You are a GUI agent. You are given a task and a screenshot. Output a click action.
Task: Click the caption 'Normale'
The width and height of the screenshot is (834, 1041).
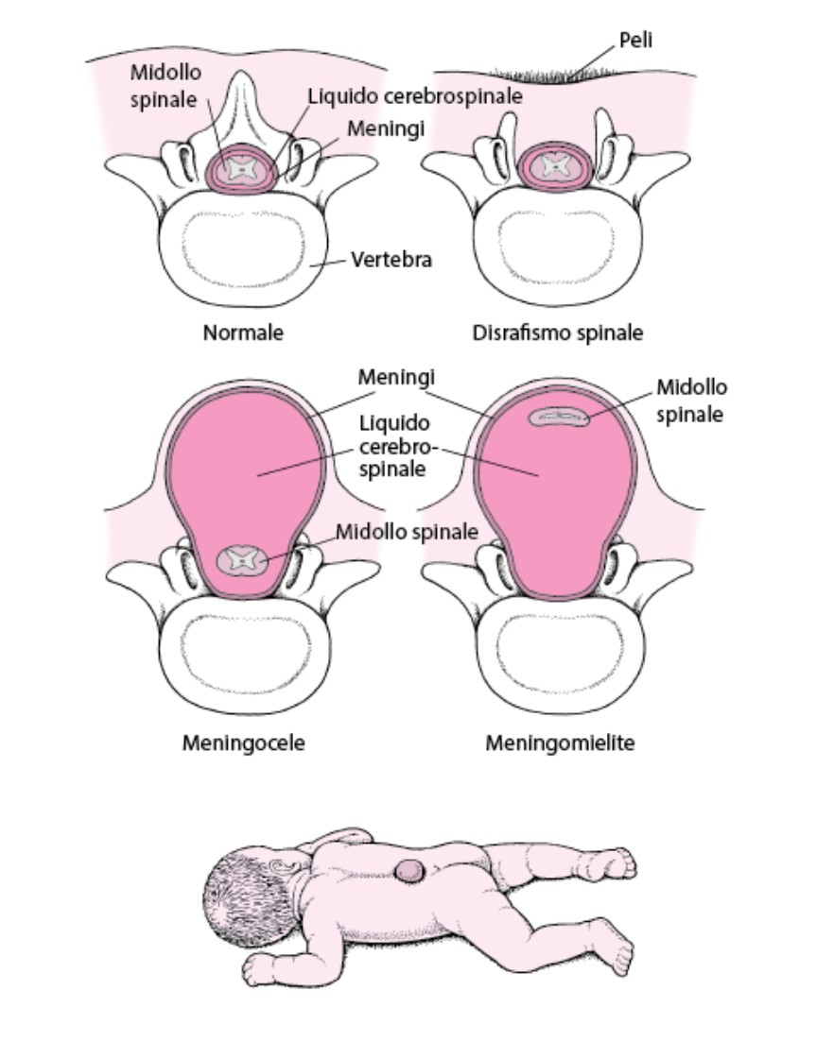tap(243, 332)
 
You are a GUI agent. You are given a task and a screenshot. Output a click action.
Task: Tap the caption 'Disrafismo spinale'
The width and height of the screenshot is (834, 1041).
tap(558, 333)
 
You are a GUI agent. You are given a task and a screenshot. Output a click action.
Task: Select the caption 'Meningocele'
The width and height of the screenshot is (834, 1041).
tap(244, 742)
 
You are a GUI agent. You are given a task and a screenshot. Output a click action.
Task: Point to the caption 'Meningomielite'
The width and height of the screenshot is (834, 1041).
tap(560, 742)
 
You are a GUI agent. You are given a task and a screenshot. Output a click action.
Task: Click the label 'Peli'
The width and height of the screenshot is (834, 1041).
tap(636, 40)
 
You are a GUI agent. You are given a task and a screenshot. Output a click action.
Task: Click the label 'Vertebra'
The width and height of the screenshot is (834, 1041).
tap(391, 259)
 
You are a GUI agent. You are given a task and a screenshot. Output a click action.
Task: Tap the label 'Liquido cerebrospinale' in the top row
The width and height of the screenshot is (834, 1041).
tap(415, 96)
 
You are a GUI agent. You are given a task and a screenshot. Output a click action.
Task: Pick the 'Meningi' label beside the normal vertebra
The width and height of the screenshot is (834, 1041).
tap(386, 128)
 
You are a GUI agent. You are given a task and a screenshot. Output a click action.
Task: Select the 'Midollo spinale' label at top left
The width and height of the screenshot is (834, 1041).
tap(165, 86)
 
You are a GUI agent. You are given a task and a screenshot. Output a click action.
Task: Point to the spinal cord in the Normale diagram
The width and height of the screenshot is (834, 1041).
tap(241, 168)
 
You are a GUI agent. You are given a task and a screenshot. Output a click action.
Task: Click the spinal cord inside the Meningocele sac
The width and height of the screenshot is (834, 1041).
tap(243, 560)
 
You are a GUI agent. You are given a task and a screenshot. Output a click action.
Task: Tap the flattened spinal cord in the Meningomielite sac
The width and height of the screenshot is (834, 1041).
tap(559, 417)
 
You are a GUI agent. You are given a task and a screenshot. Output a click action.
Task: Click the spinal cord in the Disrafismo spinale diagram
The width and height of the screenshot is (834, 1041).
tap(556, 166)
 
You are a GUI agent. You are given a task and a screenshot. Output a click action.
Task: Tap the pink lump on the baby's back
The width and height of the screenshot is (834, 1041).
tap(408, 870)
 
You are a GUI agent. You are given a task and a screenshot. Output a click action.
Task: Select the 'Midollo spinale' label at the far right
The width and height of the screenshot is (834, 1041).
tap(691, 401)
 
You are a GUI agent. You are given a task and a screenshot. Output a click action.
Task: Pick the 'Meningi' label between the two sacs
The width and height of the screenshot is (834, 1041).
tap(396, 377)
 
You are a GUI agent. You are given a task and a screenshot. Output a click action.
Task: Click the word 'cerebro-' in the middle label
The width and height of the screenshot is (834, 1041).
tap(397, 446)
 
